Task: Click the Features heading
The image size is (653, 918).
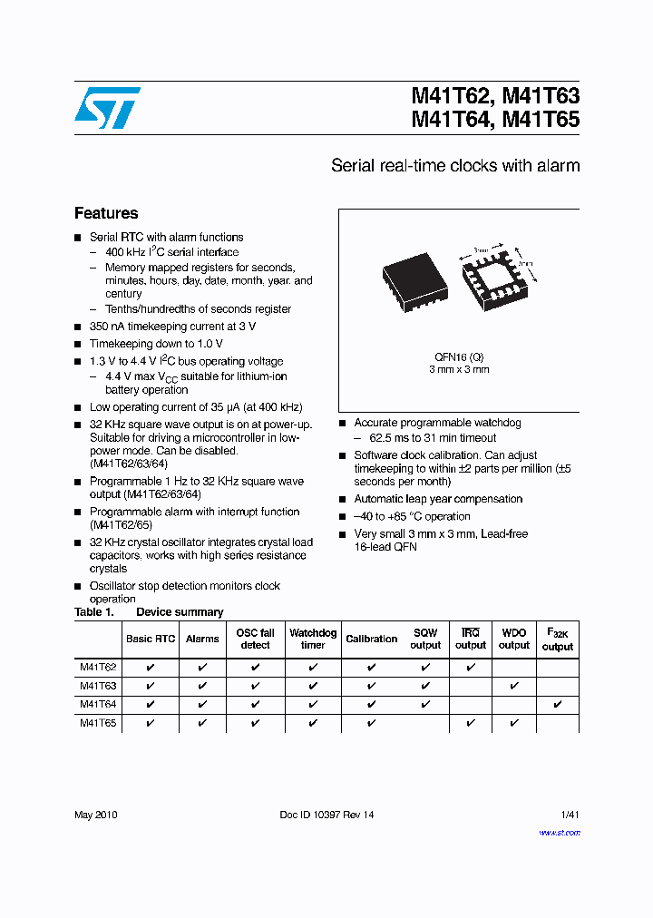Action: pyautogui.click(x=106, y=213)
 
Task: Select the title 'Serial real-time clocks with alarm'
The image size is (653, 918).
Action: pyautogui.click(x=455, y=166)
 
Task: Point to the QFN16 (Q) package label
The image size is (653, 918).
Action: pyautogui.click(x=458, y=356)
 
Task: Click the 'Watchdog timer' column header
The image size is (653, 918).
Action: pyautogui.click(x=313, y=639)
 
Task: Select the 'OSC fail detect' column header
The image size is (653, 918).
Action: pyautogui.click(x=255, y=639)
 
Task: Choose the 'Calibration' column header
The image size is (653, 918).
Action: pyautogui.click(x=372, y=639)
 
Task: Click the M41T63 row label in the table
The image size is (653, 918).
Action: pyautogui.click(x=97, y=686)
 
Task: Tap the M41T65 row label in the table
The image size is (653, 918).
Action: pyautogui.click(x=97, y=723)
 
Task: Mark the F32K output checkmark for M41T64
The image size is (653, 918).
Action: pyautogui.click(x=557, y=704)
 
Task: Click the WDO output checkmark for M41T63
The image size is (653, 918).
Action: pyautogui.click(x=513, y=686)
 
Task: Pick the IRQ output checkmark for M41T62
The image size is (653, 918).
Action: pyautogui.click(x=470, y=667)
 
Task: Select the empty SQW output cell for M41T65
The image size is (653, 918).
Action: pyautogui.click(x=424, y=723)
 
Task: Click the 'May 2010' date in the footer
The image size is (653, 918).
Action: pyautogui.click(x=95, y=815)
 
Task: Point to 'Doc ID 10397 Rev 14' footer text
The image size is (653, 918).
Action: pyautogui.click(x=326, y=815)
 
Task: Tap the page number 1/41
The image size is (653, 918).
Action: pyautogui.click(x=570, y=815)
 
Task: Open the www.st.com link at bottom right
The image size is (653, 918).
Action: pyautogui.click(x=560, y=833)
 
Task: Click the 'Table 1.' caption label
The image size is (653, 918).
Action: pyautogui.click(x=93, y=612)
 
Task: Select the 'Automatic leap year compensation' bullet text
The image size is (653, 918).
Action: pyautogui.click(x=438, y=499)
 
